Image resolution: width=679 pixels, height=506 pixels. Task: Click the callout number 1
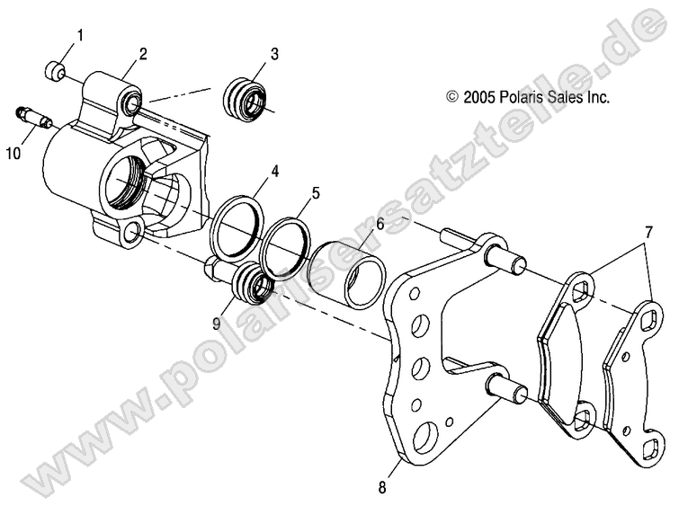click(79, 36)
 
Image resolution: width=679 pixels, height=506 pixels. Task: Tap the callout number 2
click(143, 55)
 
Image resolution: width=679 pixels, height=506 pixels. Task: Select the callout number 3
click(274, 54)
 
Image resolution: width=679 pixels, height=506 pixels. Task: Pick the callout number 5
click(315, 192)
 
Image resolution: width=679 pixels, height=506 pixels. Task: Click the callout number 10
click(13, 154)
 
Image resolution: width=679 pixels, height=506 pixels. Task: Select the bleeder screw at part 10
click(33, 118)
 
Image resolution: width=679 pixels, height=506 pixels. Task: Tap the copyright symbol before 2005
click(452, 96)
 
